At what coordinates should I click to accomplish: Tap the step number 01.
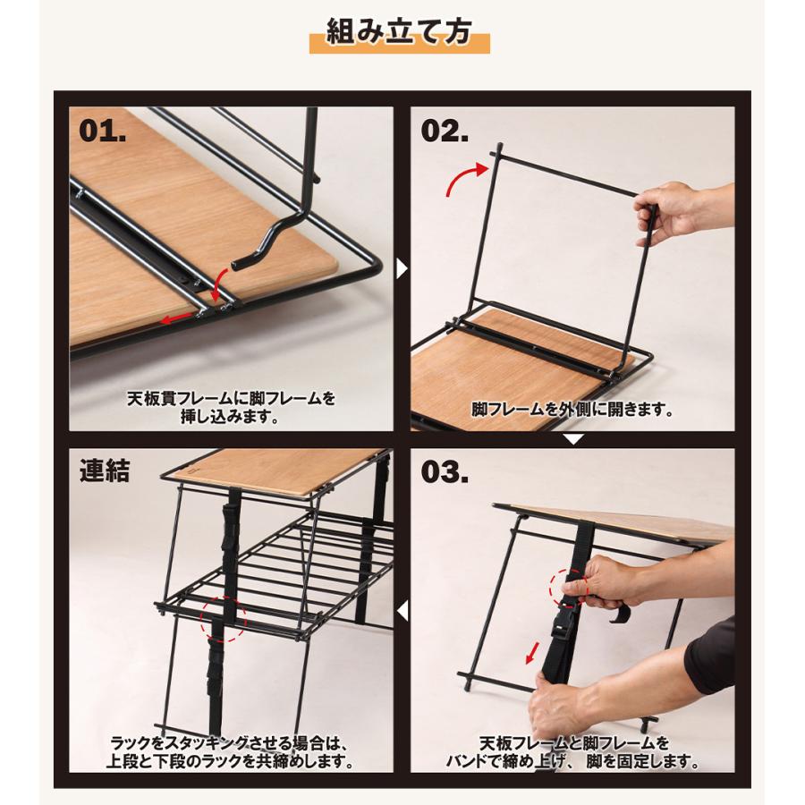(x=103, y=131)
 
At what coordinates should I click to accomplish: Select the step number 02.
(x=445, y=131)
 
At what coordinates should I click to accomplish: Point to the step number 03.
(x=445, y=473)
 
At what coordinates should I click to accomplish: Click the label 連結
(x=105, y=471)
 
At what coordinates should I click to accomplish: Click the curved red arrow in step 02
(x=468, y=180)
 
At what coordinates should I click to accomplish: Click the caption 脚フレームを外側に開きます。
(x=572, y=411)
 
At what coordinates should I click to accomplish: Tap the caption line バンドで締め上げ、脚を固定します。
(x=572, y=763)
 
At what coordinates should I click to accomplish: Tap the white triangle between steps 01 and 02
(x=402, y=267)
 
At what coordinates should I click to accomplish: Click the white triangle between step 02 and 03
(x=572, y=439)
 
